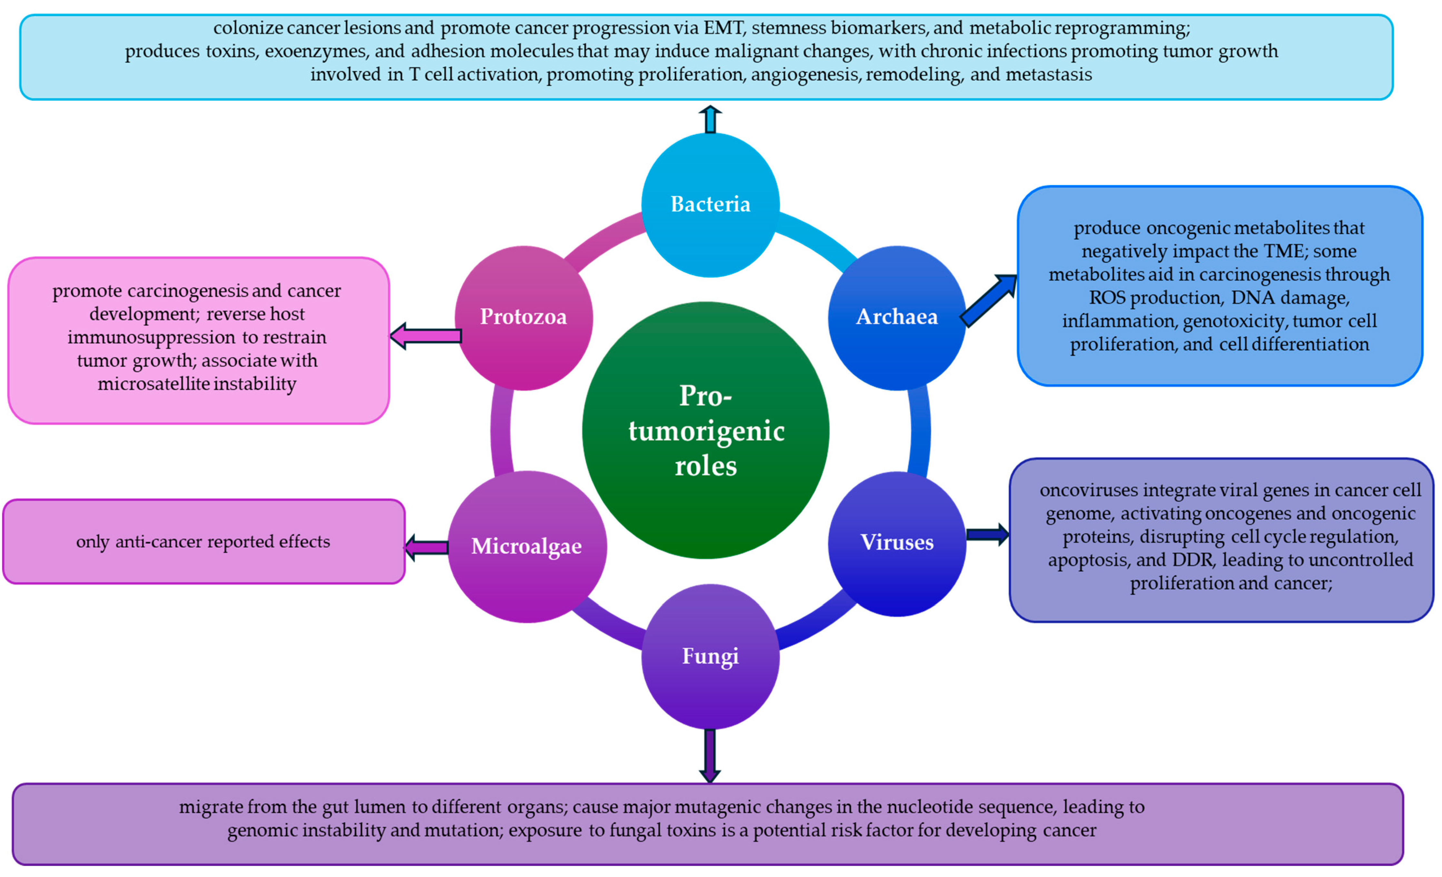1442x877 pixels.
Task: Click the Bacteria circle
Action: tap(710, 205)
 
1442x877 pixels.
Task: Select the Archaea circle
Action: tap(896, 318)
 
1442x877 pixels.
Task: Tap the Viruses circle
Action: tap(896, 543)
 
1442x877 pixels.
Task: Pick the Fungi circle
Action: tap(710, 656)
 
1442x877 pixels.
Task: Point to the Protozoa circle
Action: tap(523, 318)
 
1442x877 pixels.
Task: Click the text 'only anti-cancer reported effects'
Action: tap(203, 542)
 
